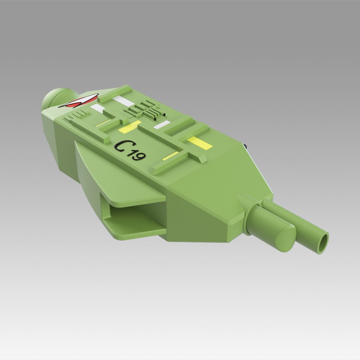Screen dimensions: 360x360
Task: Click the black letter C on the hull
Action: (121, 146)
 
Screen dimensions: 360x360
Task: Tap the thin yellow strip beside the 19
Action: (169, 156)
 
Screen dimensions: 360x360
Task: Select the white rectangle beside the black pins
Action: (162, 125)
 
